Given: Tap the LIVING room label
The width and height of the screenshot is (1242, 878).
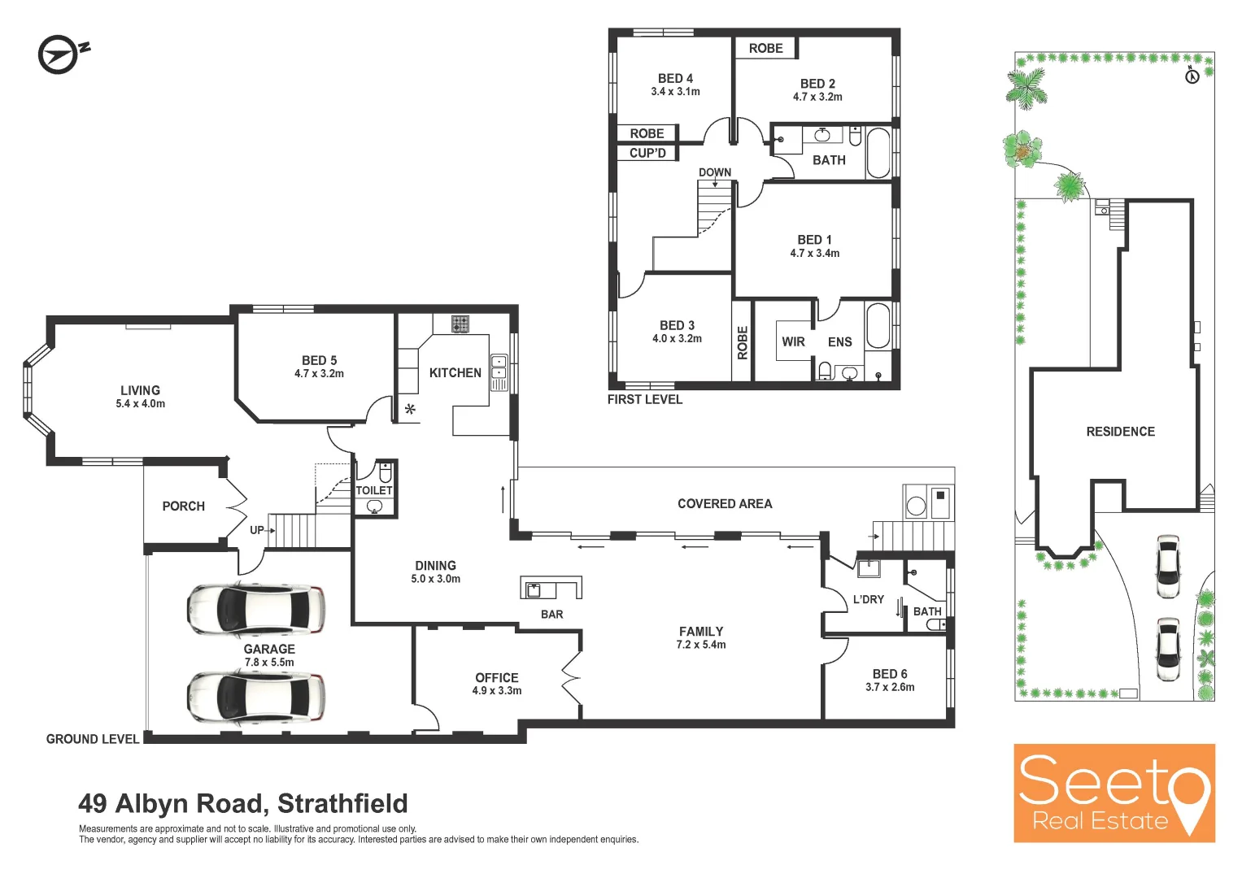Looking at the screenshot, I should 140,390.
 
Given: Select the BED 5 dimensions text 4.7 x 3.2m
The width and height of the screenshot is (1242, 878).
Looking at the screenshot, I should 319,374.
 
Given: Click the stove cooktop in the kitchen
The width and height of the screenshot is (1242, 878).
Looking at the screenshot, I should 460,324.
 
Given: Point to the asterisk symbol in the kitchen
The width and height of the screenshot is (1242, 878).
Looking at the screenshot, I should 410,409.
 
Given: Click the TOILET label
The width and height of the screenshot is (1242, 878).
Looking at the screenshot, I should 374,490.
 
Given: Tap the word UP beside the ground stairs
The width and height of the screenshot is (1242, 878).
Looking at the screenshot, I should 257,530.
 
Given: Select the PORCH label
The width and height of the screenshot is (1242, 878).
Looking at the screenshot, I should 183,506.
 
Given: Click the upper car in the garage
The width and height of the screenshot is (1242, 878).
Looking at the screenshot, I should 255,609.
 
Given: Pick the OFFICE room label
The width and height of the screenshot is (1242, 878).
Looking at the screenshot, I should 496,677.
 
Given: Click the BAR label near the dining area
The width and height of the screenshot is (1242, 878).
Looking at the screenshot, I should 551,615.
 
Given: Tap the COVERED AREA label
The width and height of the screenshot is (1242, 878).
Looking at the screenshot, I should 725,504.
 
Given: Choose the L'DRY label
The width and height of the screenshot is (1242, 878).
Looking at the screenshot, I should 868,599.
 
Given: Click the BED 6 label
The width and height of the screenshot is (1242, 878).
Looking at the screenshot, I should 890,674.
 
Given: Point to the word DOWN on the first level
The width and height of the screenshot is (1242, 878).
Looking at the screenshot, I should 715,172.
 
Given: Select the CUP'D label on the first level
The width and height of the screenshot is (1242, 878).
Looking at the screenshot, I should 647,153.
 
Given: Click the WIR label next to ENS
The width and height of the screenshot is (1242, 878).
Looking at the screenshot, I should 793,341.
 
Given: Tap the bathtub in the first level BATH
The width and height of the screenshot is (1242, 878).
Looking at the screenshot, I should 878,152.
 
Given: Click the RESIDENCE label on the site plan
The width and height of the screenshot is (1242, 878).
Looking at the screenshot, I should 1120,432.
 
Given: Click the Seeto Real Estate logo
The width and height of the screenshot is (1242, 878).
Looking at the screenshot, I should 1113,793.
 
